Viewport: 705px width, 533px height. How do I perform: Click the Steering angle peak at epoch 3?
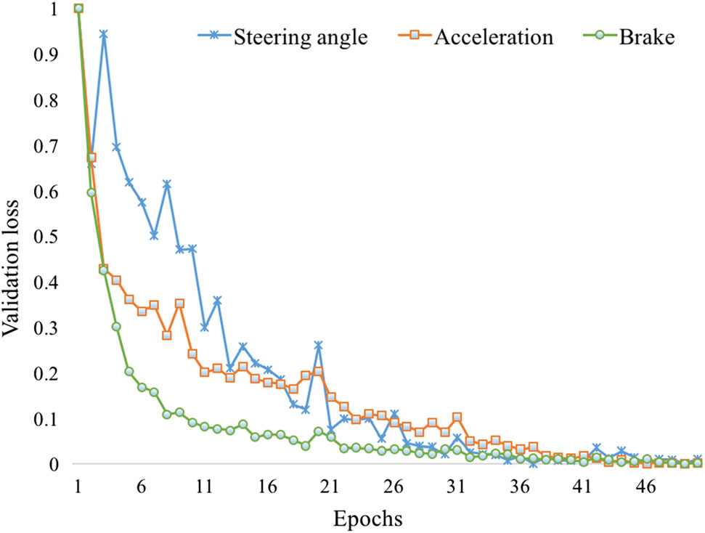pyautogui.click(x=104, y=34)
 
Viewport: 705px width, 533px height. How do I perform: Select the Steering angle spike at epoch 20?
pyautogui.click(x=318, y=345)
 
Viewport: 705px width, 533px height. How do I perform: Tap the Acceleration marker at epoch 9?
pyautogui.click(x=179, y=304)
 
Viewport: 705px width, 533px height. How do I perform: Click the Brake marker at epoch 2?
pyautogui.click(x=91, y=192)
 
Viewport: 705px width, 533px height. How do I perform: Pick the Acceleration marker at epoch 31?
pyautogui.click(x=457, y=418)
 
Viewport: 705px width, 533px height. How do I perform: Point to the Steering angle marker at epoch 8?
pyautogui.click(x=167, y=184)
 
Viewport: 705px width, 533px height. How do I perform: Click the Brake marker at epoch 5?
pyautogui.click(x=129, y=371)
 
